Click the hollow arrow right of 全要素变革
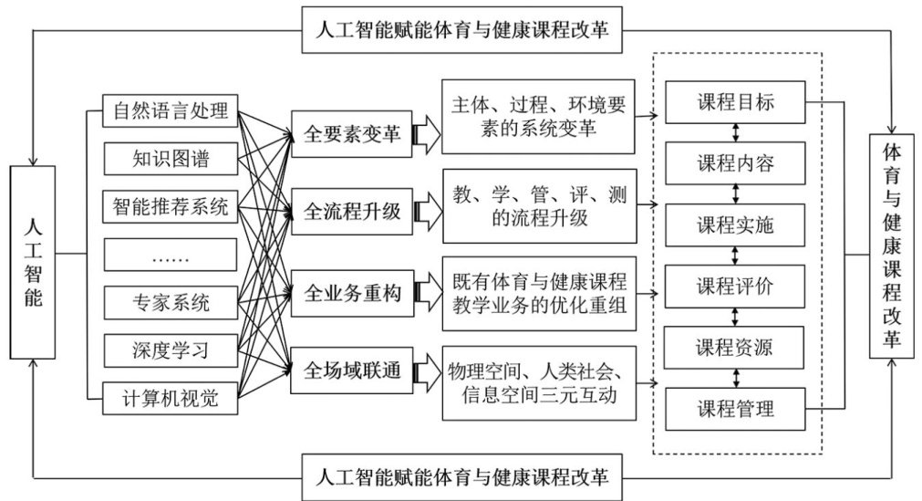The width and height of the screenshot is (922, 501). pos(426,135)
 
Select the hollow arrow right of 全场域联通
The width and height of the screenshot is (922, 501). pos(426,372)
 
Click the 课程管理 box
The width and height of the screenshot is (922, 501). pos(735,407)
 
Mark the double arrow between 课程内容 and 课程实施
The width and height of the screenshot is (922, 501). pos(735,193)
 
